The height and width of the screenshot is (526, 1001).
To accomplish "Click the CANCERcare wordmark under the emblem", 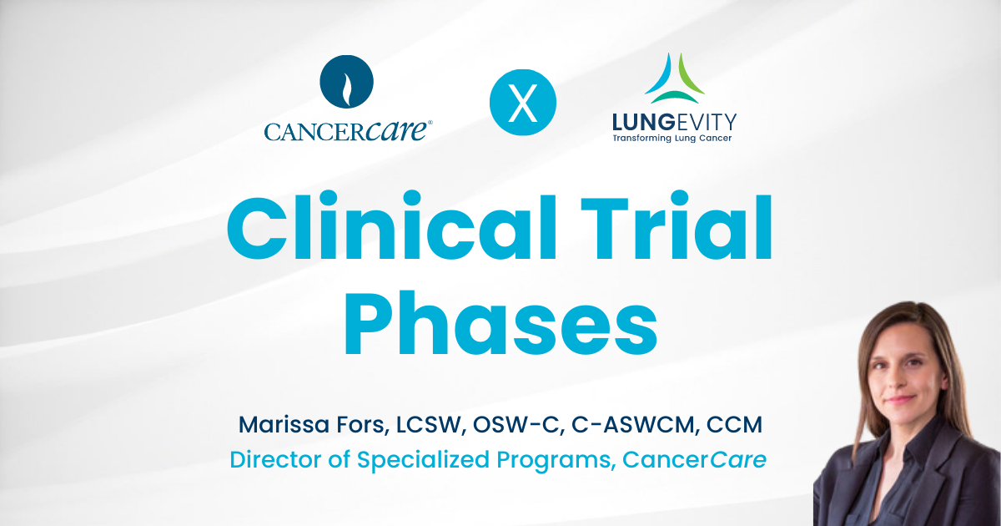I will (x=348, y=130).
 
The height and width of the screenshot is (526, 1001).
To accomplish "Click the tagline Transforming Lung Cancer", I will (x=674, y=137).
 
